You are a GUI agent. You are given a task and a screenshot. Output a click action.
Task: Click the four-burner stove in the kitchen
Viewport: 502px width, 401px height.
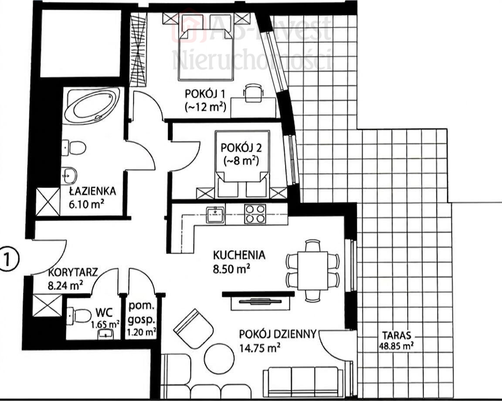tap(255, 214)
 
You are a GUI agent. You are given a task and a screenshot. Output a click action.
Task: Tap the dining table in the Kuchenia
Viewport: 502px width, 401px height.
tap(312, 271)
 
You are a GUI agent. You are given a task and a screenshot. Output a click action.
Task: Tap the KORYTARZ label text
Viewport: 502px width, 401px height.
tap(73, 272)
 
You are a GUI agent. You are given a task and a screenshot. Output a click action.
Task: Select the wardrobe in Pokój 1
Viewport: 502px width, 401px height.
tap(138, 50)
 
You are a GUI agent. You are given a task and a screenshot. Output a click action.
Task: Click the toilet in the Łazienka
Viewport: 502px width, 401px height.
tap(74, 148)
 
